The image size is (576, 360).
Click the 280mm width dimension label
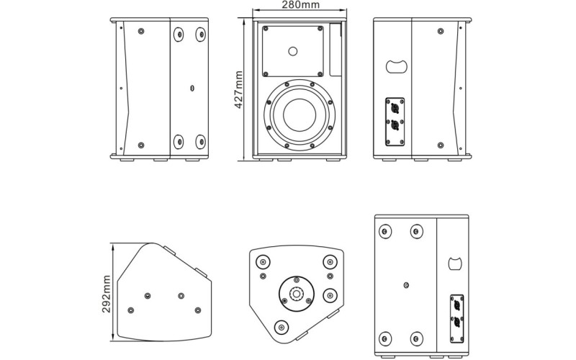tap(300, 4)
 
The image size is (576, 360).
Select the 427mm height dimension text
tap(238, 89)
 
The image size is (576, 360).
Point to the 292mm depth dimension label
tap(106, 294)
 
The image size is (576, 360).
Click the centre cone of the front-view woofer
tap(300, 114)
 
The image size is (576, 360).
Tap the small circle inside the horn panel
tap(293, 51)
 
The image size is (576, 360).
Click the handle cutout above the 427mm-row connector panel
tap(397, 66)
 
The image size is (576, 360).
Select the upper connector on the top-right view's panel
tap(395, 109)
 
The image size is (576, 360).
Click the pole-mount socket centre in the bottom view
tap(296, 293)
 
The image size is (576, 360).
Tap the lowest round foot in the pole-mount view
tap(282, 327)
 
